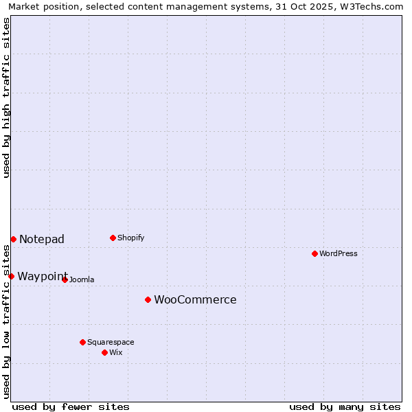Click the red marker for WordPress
[x=314, y=253]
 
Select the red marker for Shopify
[x=113, y=238]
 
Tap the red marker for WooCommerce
[x=148, y=299]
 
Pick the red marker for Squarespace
[x=82, y=342]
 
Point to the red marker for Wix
[x=104, y=352]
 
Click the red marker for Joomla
[x=65, y=279]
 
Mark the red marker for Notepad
[x=13, y=239]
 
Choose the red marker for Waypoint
[x=11, y=276]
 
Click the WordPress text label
[x=339, y=253]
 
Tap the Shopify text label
[x=131, y=238]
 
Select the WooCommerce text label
[x=195, y=299]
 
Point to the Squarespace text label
[x=111, y=342]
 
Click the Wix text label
[x=116, y=352]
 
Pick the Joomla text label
[x=82, y=279]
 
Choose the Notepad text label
[x=42, y=239]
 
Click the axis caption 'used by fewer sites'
[x=71, y=407]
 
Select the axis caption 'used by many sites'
[x=345, y=407]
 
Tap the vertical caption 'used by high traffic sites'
[x=6, y=98]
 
